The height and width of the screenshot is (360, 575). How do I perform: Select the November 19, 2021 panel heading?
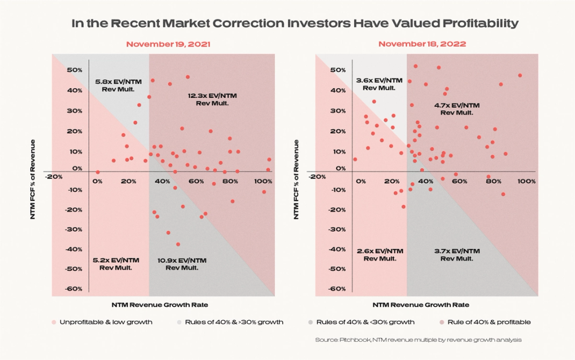click(168, 44)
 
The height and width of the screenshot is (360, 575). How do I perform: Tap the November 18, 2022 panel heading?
click(422, 44)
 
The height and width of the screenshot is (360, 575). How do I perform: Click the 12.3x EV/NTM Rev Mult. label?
click(212, 99)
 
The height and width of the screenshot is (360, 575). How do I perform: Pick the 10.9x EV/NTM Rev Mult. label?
click(182, 263)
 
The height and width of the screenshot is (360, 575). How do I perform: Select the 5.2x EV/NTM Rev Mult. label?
click(116, 263)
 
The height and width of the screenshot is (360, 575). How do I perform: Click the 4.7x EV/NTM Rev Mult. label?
click(457, 109)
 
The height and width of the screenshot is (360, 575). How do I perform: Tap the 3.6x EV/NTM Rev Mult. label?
click(379, 83)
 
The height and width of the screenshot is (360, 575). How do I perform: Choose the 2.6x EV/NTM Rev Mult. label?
click(379, 255)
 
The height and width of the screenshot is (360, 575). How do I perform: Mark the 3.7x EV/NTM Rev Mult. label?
click(457, 255)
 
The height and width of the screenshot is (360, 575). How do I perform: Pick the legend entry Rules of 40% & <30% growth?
click(361, 322)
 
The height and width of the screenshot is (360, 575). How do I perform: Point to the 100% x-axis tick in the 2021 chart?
click(263, 181)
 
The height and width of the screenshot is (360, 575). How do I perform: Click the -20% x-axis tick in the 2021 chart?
click(55, 176)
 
